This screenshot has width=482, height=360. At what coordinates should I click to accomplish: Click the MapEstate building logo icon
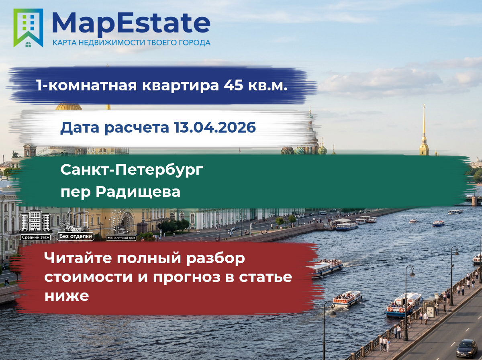28,28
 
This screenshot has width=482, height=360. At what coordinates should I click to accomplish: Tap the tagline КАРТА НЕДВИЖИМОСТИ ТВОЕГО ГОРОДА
131,43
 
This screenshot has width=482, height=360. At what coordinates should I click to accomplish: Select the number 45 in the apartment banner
233,85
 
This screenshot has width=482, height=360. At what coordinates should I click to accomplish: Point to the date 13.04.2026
215,127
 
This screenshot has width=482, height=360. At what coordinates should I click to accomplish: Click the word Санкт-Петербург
132,170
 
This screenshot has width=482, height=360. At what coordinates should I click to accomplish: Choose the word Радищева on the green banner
138,192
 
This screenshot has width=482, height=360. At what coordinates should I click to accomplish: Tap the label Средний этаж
36,237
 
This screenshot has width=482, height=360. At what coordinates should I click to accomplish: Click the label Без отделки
76,236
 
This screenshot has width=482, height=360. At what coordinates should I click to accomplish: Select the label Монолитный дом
121,238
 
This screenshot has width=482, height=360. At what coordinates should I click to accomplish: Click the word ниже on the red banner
67,296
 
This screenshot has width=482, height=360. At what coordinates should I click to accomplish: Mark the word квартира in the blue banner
180,86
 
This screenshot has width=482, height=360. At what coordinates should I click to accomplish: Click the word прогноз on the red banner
187,278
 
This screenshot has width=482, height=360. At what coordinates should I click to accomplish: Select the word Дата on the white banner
80,128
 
